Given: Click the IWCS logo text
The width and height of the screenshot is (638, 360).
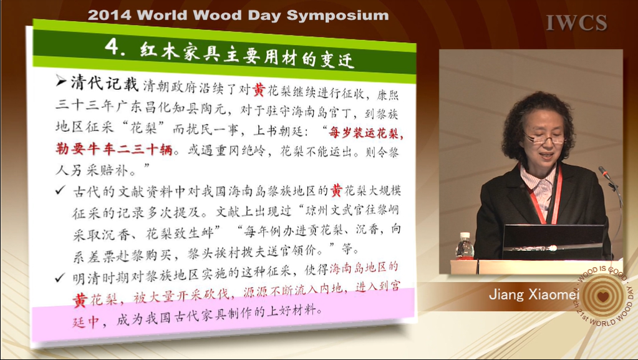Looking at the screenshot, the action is click(x=576, y=23).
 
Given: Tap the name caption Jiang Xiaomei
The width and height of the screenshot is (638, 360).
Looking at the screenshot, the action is click(x=533, y=294).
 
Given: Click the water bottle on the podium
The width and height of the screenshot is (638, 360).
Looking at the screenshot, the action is click(x=465, y=246).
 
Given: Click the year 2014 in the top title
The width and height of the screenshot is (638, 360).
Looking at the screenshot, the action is click(x=110, y=15).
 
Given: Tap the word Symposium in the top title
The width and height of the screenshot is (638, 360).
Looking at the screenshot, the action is click(x=337, y=16).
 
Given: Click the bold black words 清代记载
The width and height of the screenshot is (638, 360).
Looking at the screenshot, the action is click(x=105, y=83).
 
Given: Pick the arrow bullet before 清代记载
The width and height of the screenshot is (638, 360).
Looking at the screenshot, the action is click(x=61, y=81).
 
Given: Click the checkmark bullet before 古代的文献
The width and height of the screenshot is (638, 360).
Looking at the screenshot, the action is click(x=60, y=190).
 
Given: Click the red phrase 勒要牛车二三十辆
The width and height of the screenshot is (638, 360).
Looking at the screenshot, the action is click(x=114, y=149).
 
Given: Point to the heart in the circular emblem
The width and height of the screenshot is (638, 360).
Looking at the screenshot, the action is click(x=603, y=296).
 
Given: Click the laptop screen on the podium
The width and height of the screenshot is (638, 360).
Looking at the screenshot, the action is click(x=554, y=242).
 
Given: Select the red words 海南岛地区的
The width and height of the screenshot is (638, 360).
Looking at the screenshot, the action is click(x=364, y=268).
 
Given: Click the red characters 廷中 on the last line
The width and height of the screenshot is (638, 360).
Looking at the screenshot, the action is click(x=86, y=322).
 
